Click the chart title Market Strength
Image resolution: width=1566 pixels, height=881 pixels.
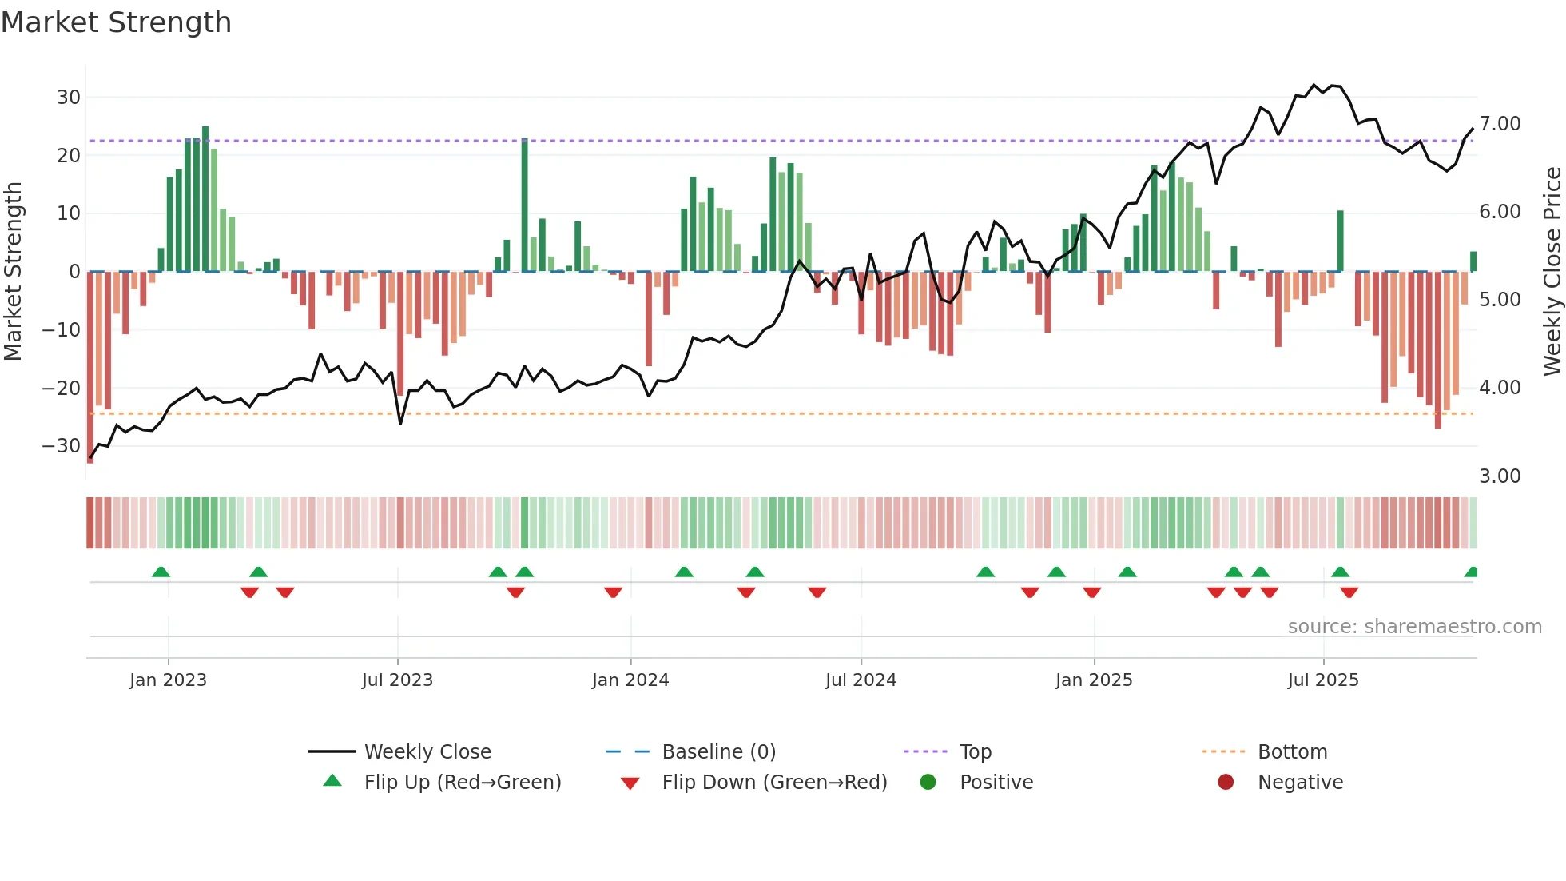116,22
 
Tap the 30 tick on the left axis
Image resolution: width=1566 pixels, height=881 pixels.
69,98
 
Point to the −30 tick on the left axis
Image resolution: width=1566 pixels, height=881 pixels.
62,446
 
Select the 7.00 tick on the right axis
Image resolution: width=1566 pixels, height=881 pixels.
1500,124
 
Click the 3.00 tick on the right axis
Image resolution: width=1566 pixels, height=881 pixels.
1500,476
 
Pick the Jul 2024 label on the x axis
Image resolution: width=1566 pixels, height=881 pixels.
861,680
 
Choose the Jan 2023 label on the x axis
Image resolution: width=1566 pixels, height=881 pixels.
168,680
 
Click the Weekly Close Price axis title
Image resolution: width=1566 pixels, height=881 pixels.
1552,272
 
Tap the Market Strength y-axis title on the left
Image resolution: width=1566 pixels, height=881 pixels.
13,272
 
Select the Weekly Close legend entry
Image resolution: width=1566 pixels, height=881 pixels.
427,752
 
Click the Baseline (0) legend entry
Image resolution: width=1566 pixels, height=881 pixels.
718,752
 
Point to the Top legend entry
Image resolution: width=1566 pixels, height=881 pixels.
975,752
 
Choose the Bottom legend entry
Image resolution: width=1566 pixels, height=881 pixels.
1292,752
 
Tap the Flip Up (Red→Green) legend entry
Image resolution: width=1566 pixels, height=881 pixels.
462,783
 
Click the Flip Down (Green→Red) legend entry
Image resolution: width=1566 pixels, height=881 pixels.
774,783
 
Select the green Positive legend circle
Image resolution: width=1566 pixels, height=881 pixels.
928,783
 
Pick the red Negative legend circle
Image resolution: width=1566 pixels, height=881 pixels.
1226,783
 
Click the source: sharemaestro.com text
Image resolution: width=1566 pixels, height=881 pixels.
1414,627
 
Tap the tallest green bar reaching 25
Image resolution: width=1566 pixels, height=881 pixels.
205,200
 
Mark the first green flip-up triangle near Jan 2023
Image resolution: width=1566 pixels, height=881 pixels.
161,572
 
